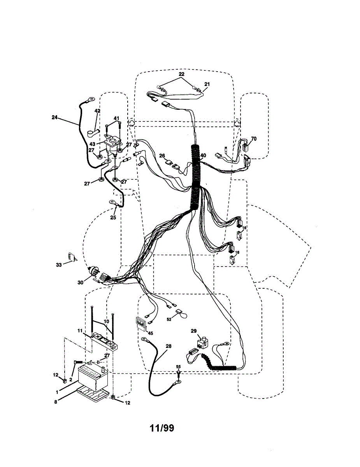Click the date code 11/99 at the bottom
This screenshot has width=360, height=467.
coord(162,428)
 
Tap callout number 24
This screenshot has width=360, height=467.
coord(54,116)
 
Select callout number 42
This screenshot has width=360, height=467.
coord(97,111)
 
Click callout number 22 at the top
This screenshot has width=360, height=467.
coord(181,74)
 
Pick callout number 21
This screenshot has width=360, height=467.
coord(207,84)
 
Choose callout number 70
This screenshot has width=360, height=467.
coord(254,138)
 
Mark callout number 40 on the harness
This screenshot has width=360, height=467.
coord(203,155)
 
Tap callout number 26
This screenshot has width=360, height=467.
coord(162,156)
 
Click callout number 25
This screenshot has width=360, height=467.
coord(113,218)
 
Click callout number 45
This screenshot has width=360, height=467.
coord(150,333)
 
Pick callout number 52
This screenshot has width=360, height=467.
coord(169,319)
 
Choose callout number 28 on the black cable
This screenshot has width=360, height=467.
coord(168,346)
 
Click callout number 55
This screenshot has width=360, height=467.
coord(179,367)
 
